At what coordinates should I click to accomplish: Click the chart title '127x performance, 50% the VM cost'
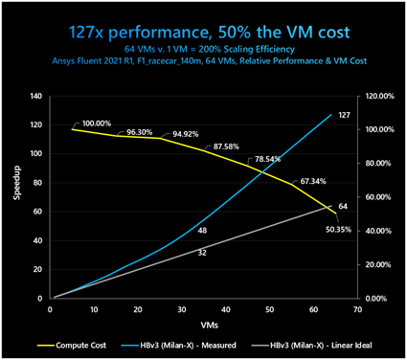203,32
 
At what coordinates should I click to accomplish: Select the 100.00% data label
96,124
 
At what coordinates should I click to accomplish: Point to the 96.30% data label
141,132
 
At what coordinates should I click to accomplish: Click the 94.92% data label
186,134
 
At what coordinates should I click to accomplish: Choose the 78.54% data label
266,159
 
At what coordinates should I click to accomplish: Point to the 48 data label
203,231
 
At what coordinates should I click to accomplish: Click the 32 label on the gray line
202,253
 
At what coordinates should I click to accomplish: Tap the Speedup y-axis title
13,197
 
